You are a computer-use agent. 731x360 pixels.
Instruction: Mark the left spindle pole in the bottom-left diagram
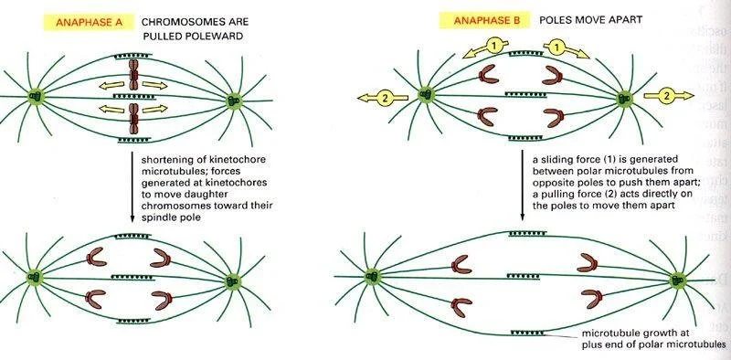click(x=37, y=275)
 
